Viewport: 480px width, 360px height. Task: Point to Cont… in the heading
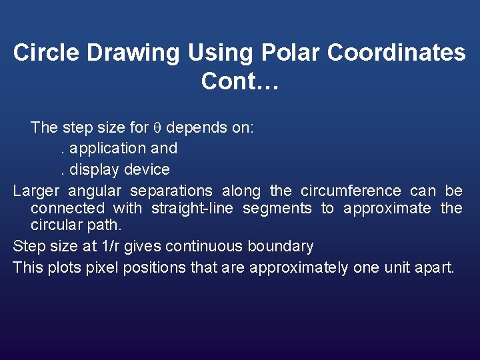[240, 81]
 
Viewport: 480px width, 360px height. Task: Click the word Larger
[37, 191]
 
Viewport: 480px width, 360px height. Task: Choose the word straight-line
[192, 209]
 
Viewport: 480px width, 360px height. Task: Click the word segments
[277, 209]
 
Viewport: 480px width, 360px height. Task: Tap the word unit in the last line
[398, 268]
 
